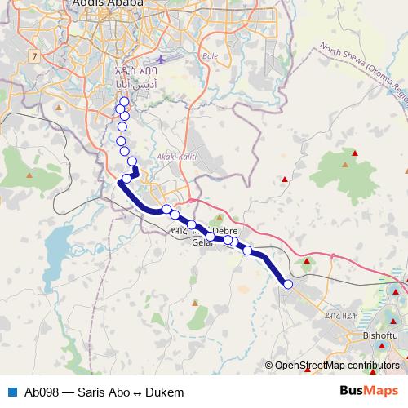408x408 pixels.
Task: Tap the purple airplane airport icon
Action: click(161, 60)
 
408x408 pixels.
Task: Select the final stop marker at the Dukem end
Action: click(287, 284)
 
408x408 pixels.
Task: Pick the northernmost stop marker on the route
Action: click(124, 101)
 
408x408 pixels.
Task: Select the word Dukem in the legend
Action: click(166, 392)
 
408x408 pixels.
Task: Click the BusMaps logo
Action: click(370, 391)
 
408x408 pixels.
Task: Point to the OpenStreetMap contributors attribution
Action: click(337, 366)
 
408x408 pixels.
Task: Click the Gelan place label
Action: click(202, 243)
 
